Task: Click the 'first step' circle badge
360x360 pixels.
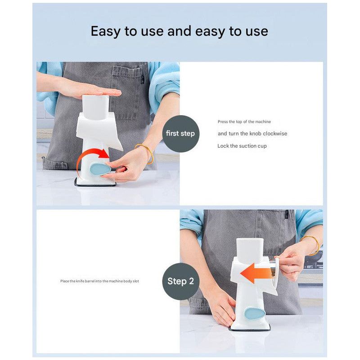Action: (x=180, y=134)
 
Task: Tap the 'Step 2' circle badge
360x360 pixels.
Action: (x=180, y=281)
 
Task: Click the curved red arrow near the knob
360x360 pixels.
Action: (x=91, y=154)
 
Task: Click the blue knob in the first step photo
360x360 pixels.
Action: (x=100, y=169)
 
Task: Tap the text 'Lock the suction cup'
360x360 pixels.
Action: (x=242, y=146)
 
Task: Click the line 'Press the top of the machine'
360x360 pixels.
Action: (x=244, y=121)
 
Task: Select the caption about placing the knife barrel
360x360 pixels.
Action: (x=99, y=281)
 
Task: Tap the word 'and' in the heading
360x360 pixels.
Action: (x=179, y=31)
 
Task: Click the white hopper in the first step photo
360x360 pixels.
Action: (x=95, y=108)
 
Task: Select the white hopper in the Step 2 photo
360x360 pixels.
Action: (x=250, y=251)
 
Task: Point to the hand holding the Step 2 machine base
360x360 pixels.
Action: (x=221, y=308)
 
